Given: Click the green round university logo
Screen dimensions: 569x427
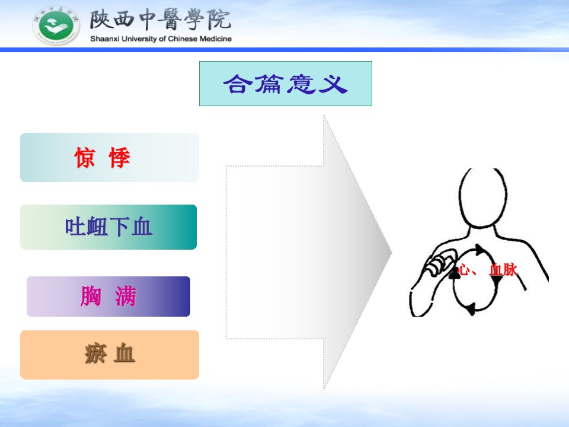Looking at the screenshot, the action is (x=56, y=26).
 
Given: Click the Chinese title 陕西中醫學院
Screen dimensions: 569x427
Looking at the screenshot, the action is (x=161, y=20).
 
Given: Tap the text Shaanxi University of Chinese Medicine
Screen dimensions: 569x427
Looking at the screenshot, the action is (x=161, y=39).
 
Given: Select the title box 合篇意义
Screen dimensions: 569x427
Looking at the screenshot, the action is (x=286, y=84).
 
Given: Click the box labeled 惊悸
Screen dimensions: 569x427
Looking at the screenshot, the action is (x=110, y=157).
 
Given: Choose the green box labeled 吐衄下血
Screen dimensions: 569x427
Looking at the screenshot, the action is (x=108, y=227).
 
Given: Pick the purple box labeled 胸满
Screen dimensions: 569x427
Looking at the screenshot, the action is (x=108, y=297).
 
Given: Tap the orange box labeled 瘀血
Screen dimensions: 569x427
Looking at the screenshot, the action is (x=110, y=355).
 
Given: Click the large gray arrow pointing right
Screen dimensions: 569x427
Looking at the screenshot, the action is (x=308, y=253).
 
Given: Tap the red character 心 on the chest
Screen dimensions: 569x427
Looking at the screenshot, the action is (x=463, y=270).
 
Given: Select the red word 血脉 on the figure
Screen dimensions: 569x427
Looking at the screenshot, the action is (x=503, y=270).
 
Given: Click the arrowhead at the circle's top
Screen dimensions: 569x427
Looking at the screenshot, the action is (x=481, y=250).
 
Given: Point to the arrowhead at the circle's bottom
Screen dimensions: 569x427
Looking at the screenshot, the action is (x=471, y=309).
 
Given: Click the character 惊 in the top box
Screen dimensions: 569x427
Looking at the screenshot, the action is (x=85, y=158).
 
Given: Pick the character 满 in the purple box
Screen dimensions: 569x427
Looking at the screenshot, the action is (x=126, y=297).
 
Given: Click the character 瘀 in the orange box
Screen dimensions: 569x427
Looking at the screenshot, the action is (x=95, y=353).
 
